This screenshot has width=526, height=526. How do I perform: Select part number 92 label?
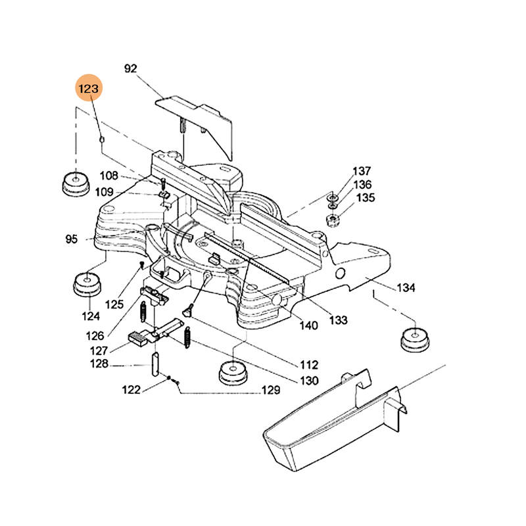130,68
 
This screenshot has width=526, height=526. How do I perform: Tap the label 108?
108,176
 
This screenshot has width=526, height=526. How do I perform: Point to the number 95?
72,239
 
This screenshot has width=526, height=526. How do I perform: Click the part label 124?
91,316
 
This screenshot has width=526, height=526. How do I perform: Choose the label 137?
362,171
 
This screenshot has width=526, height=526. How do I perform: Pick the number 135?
366,198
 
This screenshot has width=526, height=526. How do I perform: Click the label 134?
406,287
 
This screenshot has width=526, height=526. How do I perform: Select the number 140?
308,325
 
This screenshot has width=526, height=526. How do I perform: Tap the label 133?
338,320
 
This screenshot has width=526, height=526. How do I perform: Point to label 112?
308,364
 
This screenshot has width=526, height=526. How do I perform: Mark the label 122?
131,390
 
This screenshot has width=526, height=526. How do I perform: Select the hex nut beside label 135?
333,218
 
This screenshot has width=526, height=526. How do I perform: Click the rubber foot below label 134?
415,339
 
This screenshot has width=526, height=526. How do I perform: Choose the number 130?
308,380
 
